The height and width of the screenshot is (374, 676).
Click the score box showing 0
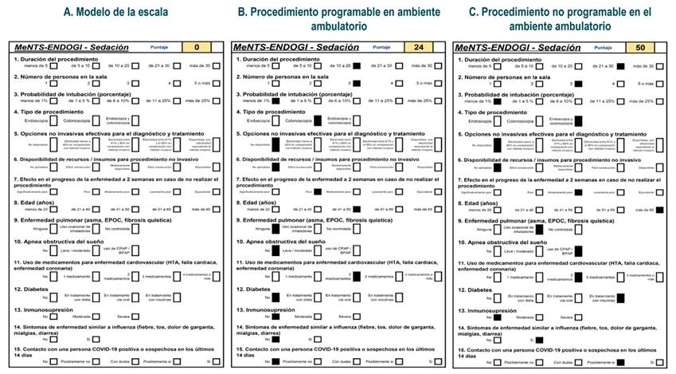[196, 47]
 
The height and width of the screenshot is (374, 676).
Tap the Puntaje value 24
[419, 47]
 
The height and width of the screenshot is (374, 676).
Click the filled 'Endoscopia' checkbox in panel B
[275, 120]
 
